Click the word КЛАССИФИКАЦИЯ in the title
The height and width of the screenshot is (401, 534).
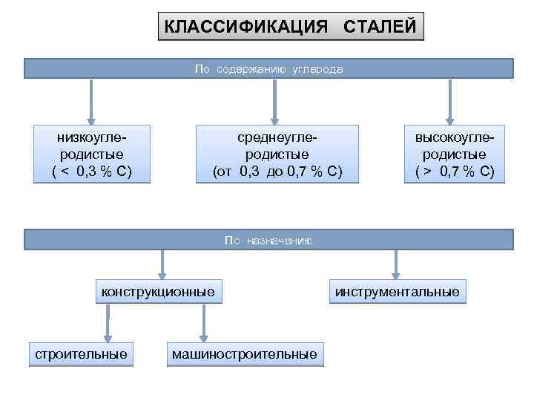tap(245, 27)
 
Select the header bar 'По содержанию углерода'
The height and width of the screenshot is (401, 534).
tap(268, 69)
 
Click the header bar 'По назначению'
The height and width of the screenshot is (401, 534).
tap(268, 240)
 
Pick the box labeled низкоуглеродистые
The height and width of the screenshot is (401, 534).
tap(92, 154)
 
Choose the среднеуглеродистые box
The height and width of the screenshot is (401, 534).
tap(277, 154)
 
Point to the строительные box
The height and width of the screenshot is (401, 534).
tap(82, 354)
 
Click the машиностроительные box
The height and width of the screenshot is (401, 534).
tap(244, 354)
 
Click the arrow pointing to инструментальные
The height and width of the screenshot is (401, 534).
tap(396, 264)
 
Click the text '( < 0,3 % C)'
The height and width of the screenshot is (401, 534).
tap(92, 172)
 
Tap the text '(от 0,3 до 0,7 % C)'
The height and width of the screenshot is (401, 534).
tap(277, 172)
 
